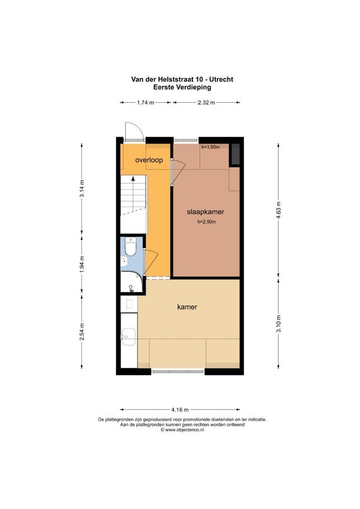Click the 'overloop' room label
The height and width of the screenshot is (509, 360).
(149, 160)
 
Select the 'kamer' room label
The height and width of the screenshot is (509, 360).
(187, 307)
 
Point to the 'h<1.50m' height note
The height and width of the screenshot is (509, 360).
(211, 147)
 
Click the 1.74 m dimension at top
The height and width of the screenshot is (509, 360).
(146, 102)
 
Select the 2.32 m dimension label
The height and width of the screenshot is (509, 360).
(206, 102)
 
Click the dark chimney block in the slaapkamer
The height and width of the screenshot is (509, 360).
(234, 155)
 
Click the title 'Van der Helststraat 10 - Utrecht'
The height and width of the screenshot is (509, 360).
(182, 79)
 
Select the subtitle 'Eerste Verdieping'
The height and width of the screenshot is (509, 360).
(182, 87)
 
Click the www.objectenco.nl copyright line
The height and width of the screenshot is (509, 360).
(182, 430)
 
